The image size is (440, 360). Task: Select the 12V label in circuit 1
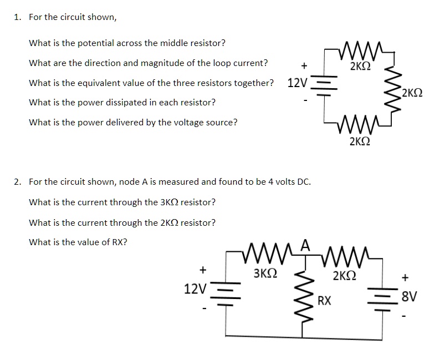pyautogui.click(x=297, y=84)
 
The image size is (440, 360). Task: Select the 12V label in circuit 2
pyautogui.click(x=195, y=289)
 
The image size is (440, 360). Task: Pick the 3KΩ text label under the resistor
pyautogui.click(x=265, y=274)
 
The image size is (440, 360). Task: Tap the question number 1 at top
pyautogui.click(x=17, y=17)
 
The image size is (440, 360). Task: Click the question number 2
pyautogui.click(x=18, y=181)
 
